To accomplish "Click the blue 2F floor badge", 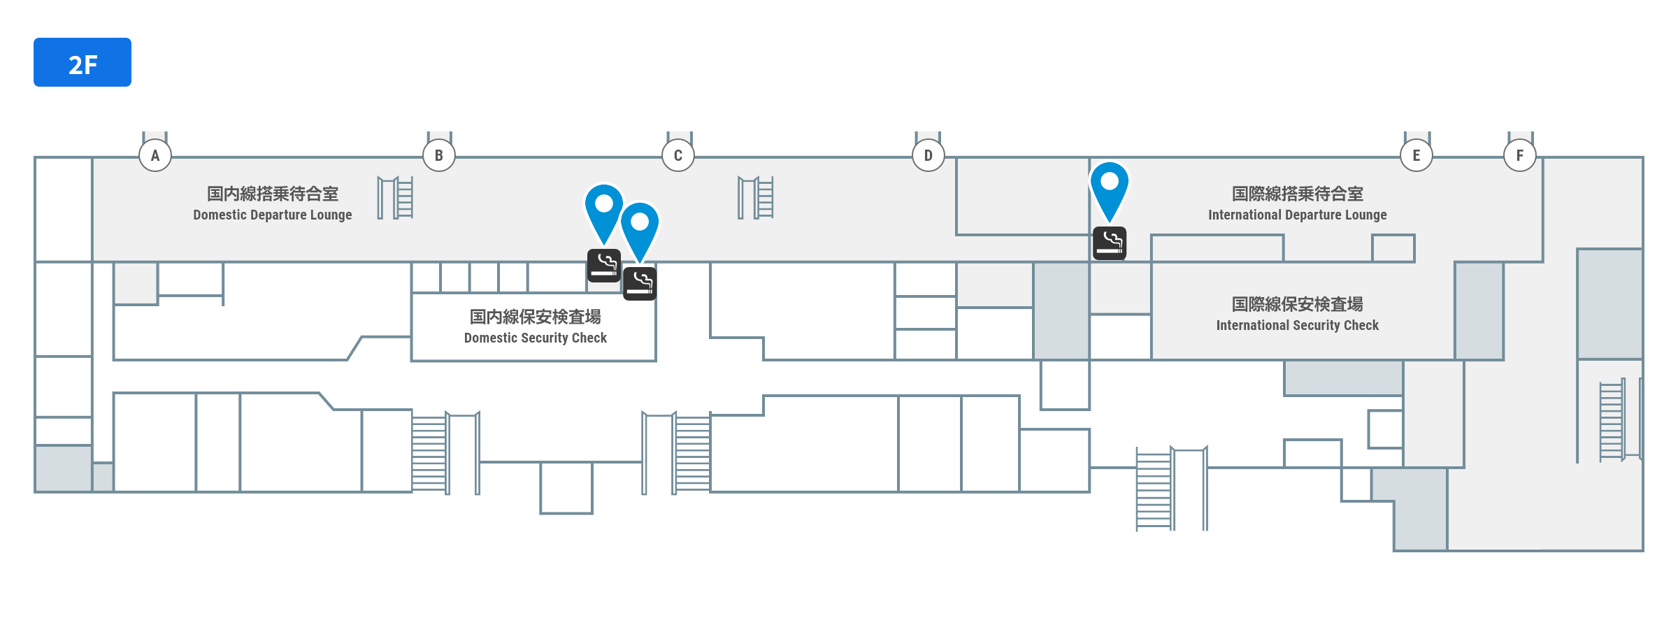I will (x=83, y=62).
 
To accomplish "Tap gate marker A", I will (x=155, y=155).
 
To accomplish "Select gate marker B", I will (x=439, y=155).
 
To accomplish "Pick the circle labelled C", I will (x=678, y=155).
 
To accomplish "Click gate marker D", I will (x=928, y=155).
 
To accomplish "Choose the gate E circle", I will (x=1417, y=155).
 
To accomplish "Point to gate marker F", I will (x=1520, y=155).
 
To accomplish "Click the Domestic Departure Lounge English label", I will (x=273, y=215).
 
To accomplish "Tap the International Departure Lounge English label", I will (x=1298, y=215).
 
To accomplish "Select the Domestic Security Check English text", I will (x=536, y=338).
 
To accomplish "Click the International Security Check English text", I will (x=1298, y=326).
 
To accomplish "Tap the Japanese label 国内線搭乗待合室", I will (x=273, y=194).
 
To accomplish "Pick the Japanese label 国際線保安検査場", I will (x=1298, y=304).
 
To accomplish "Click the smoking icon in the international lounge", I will (x=1110, y=243).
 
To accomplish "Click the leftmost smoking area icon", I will (x=604, y=266).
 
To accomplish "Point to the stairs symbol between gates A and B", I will (x=396, y=198).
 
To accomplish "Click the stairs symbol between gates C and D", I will (x=756, y=198).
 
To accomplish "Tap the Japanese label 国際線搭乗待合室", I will (x=1298, y=194).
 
